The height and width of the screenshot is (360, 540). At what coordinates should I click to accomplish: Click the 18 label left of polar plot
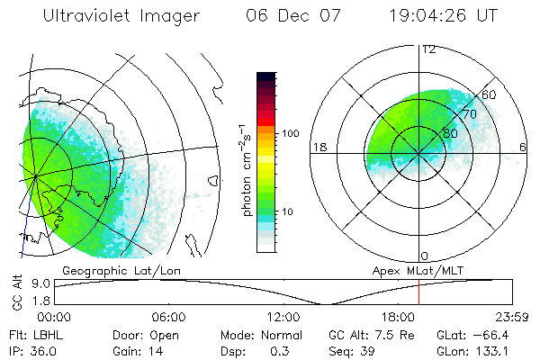coord(318,147)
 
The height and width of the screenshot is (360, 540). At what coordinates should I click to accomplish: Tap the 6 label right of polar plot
coord(523,147)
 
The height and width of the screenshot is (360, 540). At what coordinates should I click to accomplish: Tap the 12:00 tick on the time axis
coord(283,317)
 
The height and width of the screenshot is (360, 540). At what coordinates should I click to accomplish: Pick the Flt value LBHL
coord(40,334)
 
